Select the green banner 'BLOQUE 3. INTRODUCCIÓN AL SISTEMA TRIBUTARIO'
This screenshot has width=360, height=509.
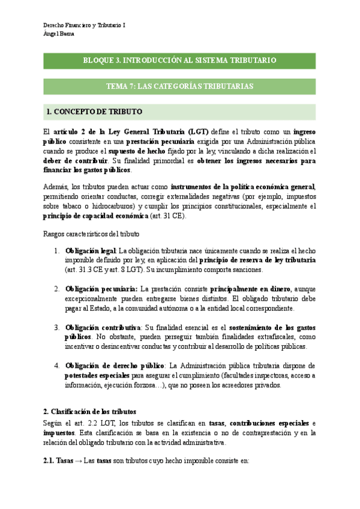[x=179, y=61]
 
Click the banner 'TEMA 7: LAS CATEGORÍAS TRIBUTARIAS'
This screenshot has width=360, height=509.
[x=179, y=86]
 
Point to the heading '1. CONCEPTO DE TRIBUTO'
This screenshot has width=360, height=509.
[x=94, y=112]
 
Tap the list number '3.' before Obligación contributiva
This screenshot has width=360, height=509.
[x=56, y=327]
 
